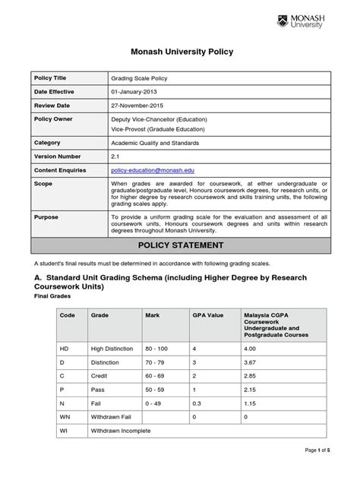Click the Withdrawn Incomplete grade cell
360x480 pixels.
coord(121,431)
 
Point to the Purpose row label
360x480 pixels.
coord(46,217)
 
